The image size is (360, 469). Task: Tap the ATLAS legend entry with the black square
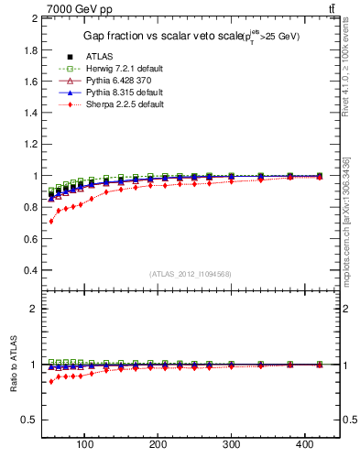click(99, 57)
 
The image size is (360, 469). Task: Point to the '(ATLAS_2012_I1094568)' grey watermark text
click(191, 274)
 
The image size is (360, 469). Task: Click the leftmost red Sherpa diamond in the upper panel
click(51, 221)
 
